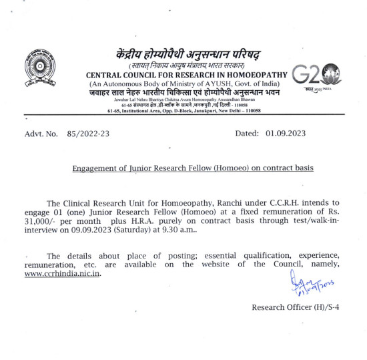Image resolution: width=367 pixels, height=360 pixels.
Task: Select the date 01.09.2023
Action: [285, 134]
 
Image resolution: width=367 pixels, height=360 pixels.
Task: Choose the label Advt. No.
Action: [41, 134]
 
